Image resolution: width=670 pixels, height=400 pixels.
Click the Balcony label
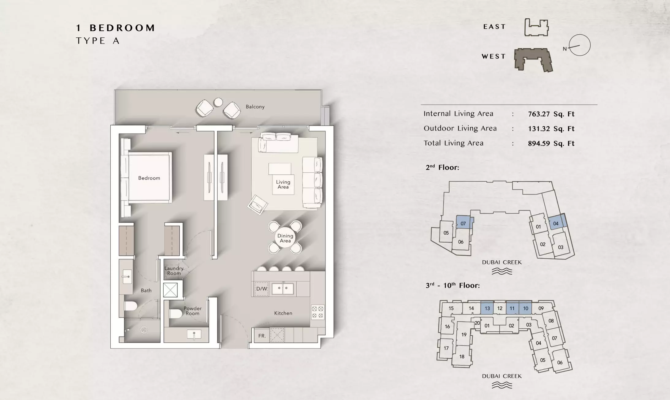255,107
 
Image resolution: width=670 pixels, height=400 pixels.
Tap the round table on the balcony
218,102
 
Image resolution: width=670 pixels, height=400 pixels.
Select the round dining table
285,238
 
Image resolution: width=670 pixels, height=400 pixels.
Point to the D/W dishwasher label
261,289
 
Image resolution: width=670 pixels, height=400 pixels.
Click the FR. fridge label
262,336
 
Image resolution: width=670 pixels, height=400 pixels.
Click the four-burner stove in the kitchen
318,312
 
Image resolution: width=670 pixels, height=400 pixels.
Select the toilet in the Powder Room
176,313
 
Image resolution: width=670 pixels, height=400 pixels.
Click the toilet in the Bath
131,306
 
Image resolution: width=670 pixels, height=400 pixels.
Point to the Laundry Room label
174,271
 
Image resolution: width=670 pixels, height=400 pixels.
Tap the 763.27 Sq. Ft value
551,114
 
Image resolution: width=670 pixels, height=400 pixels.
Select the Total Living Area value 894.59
551,143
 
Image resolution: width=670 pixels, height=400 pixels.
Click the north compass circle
580,45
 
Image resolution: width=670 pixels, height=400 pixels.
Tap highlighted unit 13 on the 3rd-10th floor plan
487,308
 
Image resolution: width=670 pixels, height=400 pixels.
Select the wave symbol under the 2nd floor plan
502,271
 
